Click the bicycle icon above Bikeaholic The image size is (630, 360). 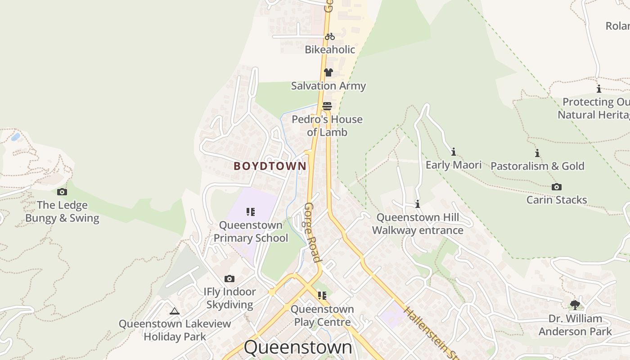point(330,36)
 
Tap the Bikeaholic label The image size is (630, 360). point(330,49)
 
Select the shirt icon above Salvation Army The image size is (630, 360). point(328,72)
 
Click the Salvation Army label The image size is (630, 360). point(328,85)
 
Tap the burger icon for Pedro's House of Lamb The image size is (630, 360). point(327,106)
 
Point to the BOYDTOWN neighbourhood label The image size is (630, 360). point(270,166)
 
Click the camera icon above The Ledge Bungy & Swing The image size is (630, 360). point(62,192)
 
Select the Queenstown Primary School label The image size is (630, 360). point(251,231)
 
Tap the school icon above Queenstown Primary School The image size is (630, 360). point(251,212)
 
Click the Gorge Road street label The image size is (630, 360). point(313,232)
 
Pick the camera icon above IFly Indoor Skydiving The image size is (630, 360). point(229,279)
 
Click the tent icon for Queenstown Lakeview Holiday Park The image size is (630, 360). point(175,311)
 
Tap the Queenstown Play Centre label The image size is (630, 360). point(322,315)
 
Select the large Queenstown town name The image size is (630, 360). point(298,347)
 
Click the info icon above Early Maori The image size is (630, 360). point(454,152)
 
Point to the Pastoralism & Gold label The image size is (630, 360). point(537,166)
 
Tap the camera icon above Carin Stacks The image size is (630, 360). point(557,187)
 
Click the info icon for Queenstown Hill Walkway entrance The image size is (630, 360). point(418,204)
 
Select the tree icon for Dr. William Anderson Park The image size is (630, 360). point(575,305)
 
